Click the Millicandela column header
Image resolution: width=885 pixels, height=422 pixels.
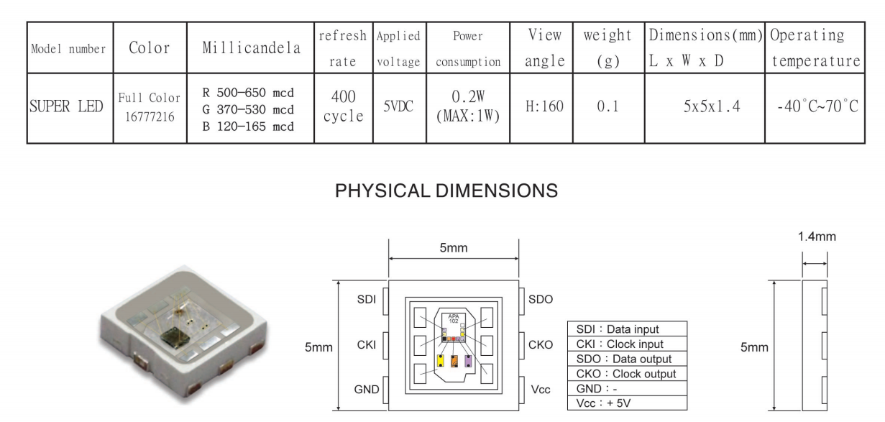click(x=251, y=48)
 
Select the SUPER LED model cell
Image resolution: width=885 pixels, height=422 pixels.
click(x=66, y=106)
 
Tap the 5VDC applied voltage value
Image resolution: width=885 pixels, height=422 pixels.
click(x=398, y=106)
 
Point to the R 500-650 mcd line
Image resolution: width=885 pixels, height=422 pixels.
click(x=248, y=93)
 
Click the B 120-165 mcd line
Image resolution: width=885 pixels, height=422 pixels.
click(x=248, y=127)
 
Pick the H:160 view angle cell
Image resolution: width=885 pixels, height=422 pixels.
click(x=544, y=106)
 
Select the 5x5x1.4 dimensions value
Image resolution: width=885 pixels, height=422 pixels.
click(x=712, y=106)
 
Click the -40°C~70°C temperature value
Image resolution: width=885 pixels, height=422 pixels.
click(x=817, y=106)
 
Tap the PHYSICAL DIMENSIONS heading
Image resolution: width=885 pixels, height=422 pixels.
click(x=446, y=191)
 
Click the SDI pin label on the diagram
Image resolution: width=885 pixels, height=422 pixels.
click(x=366, y=300)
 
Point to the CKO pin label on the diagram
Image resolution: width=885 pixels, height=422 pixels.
click(x=541, y=345)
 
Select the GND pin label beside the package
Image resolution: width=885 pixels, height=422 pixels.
click(x=366, y=390)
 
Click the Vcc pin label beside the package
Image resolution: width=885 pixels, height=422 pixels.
click(x=541, y=390)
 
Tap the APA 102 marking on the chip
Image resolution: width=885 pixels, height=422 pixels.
click(x=454, y=318)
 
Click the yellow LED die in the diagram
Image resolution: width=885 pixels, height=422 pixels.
click(x=440, y=361)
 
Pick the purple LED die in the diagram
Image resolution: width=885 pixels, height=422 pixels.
click(x=468, y=361)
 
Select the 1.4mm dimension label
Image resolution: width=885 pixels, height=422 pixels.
click(x=817, y=237)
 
